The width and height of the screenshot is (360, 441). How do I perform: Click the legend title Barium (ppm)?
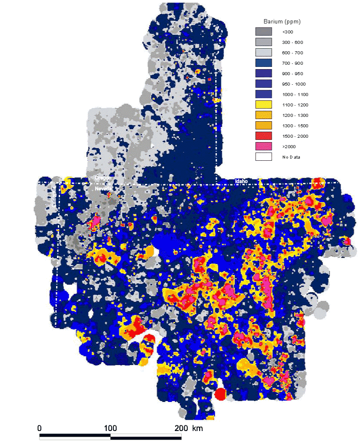282,21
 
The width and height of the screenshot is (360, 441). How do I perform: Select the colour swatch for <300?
263,32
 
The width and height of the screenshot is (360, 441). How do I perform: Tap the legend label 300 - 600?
292,42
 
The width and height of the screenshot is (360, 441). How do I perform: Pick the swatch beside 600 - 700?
263,53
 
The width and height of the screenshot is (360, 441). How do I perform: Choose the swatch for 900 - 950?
263,73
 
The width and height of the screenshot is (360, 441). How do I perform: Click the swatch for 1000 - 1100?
263,94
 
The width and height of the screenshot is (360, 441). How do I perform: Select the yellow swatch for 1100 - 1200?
263,105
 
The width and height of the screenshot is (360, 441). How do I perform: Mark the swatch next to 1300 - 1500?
263,126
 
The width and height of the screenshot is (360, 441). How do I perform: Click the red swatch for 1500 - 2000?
263,136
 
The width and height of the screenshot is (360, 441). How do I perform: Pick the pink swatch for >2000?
263,146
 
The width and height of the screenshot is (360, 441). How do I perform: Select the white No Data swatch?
263,157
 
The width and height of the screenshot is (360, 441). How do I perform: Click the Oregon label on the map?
103,179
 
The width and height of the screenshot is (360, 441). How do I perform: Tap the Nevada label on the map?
103,189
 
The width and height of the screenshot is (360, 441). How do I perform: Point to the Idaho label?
241,181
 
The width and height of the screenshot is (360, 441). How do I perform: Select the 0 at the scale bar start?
40,428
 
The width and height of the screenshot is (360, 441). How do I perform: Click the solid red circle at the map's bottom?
220,394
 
